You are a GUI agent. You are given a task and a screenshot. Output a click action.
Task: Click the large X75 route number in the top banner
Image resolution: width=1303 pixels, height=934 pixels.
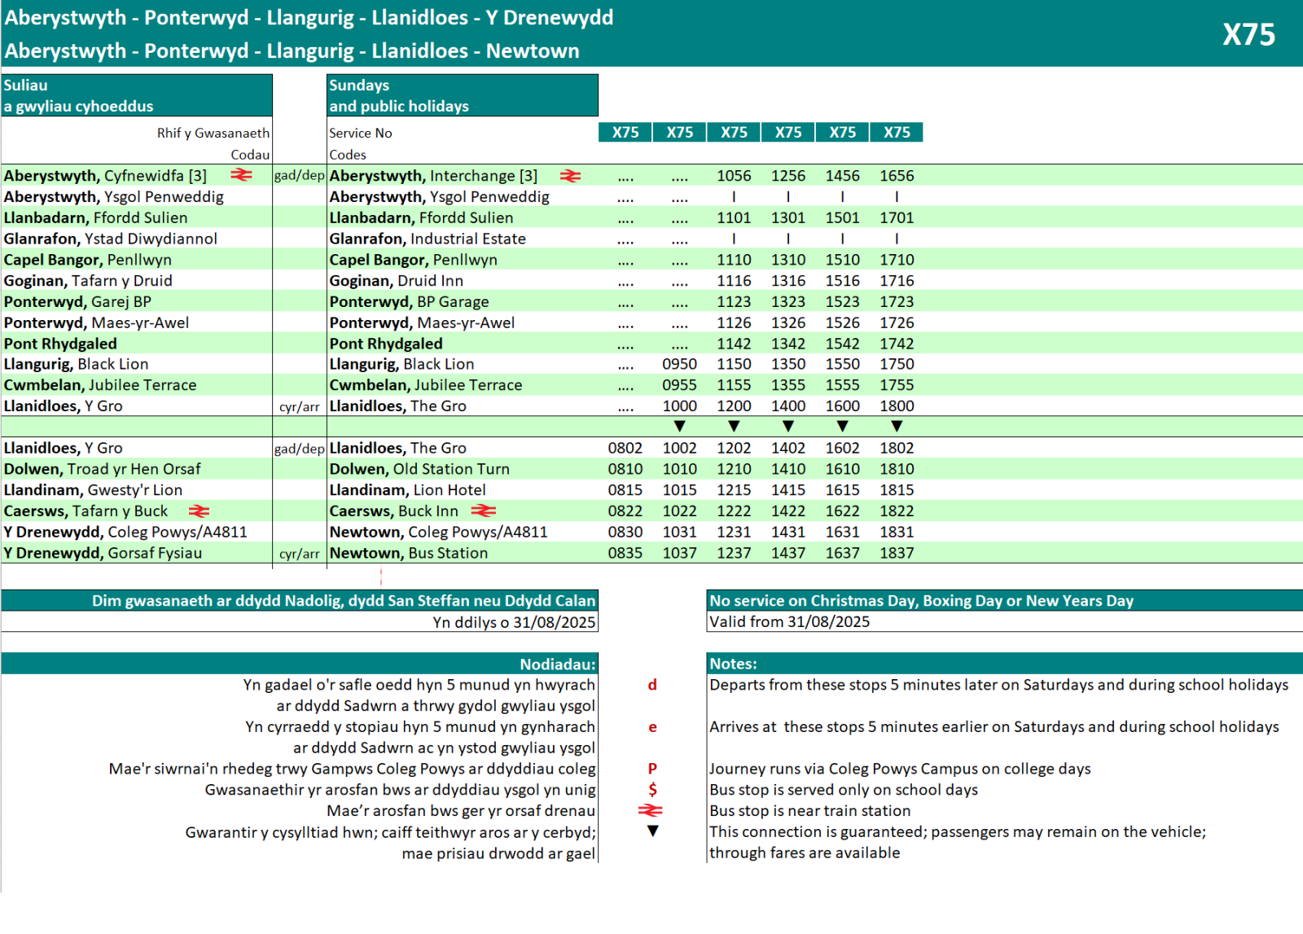pos(1248,34)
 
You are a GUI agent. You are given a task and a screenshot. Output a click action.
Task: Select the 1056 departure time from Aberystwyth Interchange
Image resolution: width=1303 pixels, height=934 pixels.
pos(734,176)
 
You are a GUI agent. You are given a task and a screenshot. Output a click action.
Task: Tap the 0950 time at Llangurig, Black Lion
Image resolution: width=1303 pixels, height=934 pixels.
pos(679,364)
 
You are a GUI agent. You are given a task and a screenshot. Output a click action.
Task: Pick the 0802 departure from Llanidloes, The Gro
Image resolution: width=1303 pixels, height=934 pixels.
pos(625,448)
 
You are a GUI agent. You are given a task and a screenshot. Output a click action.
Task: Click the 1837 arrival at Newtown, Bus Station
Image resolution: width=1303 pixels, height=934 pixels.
pos(897,553)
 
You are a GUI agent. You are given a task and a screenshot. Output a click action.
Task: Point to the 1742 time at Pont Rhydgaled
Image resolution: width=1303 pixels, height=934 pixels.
pos(897,344)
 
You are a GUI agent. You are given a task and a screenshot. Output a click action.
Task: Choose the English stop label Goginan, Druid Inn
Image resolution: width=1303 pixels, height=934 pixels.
pos(396,281)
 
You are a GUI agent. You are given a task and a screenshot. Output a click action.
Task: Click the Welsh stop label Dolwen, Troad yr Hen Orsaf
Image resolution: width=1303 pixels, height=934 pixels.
pos(102,469)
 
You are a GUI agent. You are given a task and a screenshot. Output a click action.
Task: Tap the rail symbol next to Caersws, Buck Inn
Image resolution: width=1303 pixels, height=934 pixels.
pos(483,511)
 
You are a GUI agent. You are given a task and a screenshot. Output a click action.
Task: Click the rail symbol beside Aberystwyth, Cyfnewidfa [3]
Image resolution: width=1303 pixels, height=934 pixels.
pos(241,175)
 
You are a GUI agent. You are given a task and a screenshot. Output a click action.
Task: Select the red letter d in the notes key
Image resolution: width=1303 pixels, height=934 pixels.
pos(652,685)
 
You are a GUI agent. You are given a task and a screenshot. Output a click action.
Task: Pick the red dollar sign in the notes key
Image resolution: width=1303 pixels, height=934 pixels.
pos(652,789)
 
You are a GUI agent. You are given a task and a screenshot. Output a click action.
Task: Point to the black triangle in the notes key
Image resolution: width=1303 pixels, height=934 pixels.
pos(652,831)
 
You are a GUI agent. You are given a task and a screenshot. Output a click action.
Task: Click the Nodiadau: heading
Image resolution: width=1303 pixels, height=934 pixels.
pos(558,664)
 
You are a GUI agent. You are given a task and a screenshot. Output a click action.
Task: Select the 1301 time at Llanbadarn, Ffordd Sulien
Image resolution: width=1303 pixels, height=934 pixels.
pos(788,217)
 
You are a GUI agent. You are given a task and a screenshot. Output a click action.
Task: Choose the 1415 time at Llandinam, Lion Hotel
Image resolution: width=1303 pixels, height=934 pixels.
pos(788,490)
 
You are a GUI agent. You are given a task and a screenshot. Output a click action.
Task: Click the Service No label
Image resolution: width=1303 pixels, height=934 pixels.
pos(360,133)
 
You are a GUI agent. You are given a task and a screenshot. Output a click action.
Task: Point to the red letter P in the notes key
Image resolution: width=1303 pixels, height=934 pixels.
pos(652,769)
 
